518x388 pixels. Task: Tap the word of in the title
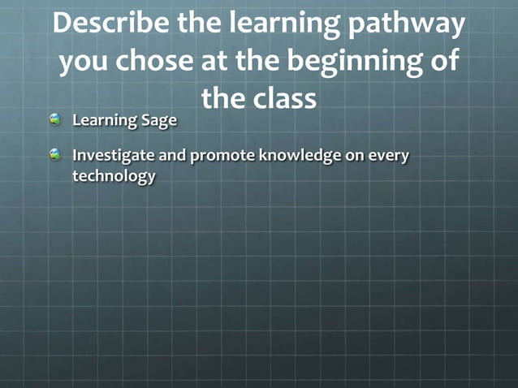[442, 63]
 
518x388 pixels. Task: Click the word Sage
[158, 121]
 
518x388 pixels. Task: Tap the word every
[389, 156]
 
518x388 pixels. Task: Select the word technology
[114, 176]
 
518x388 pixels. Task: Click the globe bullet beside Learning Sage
[55, 119]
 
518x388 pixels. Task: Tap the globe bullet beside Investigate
[55, 154]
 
